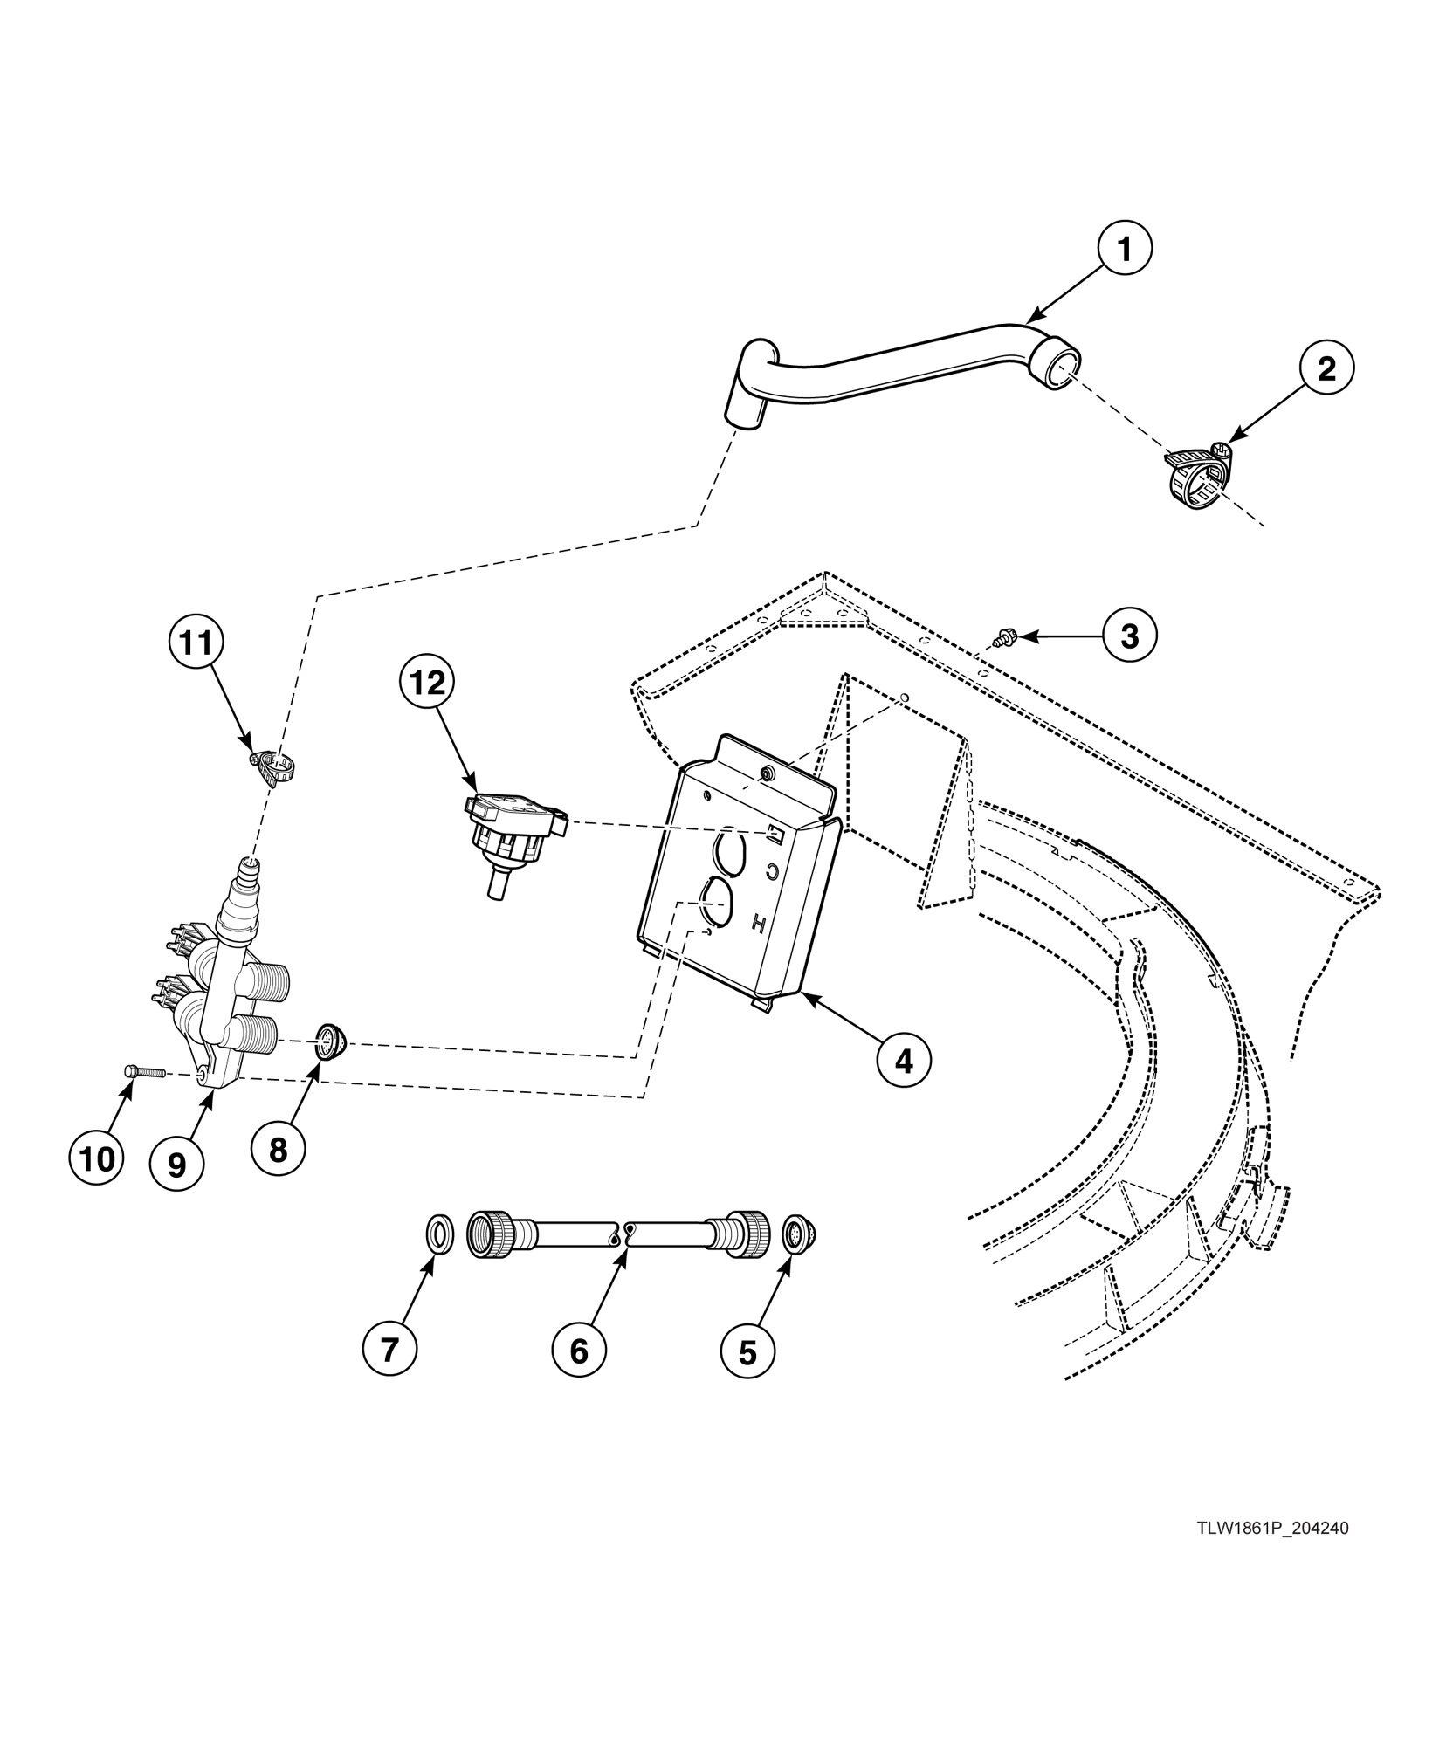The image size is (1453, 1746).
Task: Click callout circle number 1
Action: click(1125, 251)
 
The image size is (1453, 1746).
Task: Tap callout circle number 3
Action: click(1129, 636)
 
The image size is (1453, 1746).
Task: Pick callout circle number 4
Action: click(904, 1061)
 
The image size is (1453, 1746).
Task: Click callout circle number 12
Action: click(428, 684)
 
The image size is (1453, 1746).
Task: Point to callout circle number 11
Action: click(196, 643)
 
